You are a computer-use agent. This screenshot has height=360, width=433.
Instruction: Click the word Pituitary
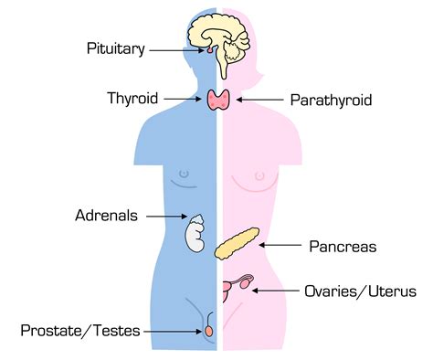115,48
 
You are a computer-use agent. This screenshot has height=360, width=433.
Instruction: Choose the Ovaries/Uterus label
359,291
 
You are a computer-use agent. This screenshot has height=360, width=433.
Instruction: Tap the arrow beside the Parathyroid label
259,98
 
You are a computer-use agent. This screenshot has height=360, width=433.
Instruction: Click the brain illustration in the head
220,37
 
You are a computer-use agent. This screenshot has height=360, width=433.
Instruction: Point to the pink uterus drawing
229,287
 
